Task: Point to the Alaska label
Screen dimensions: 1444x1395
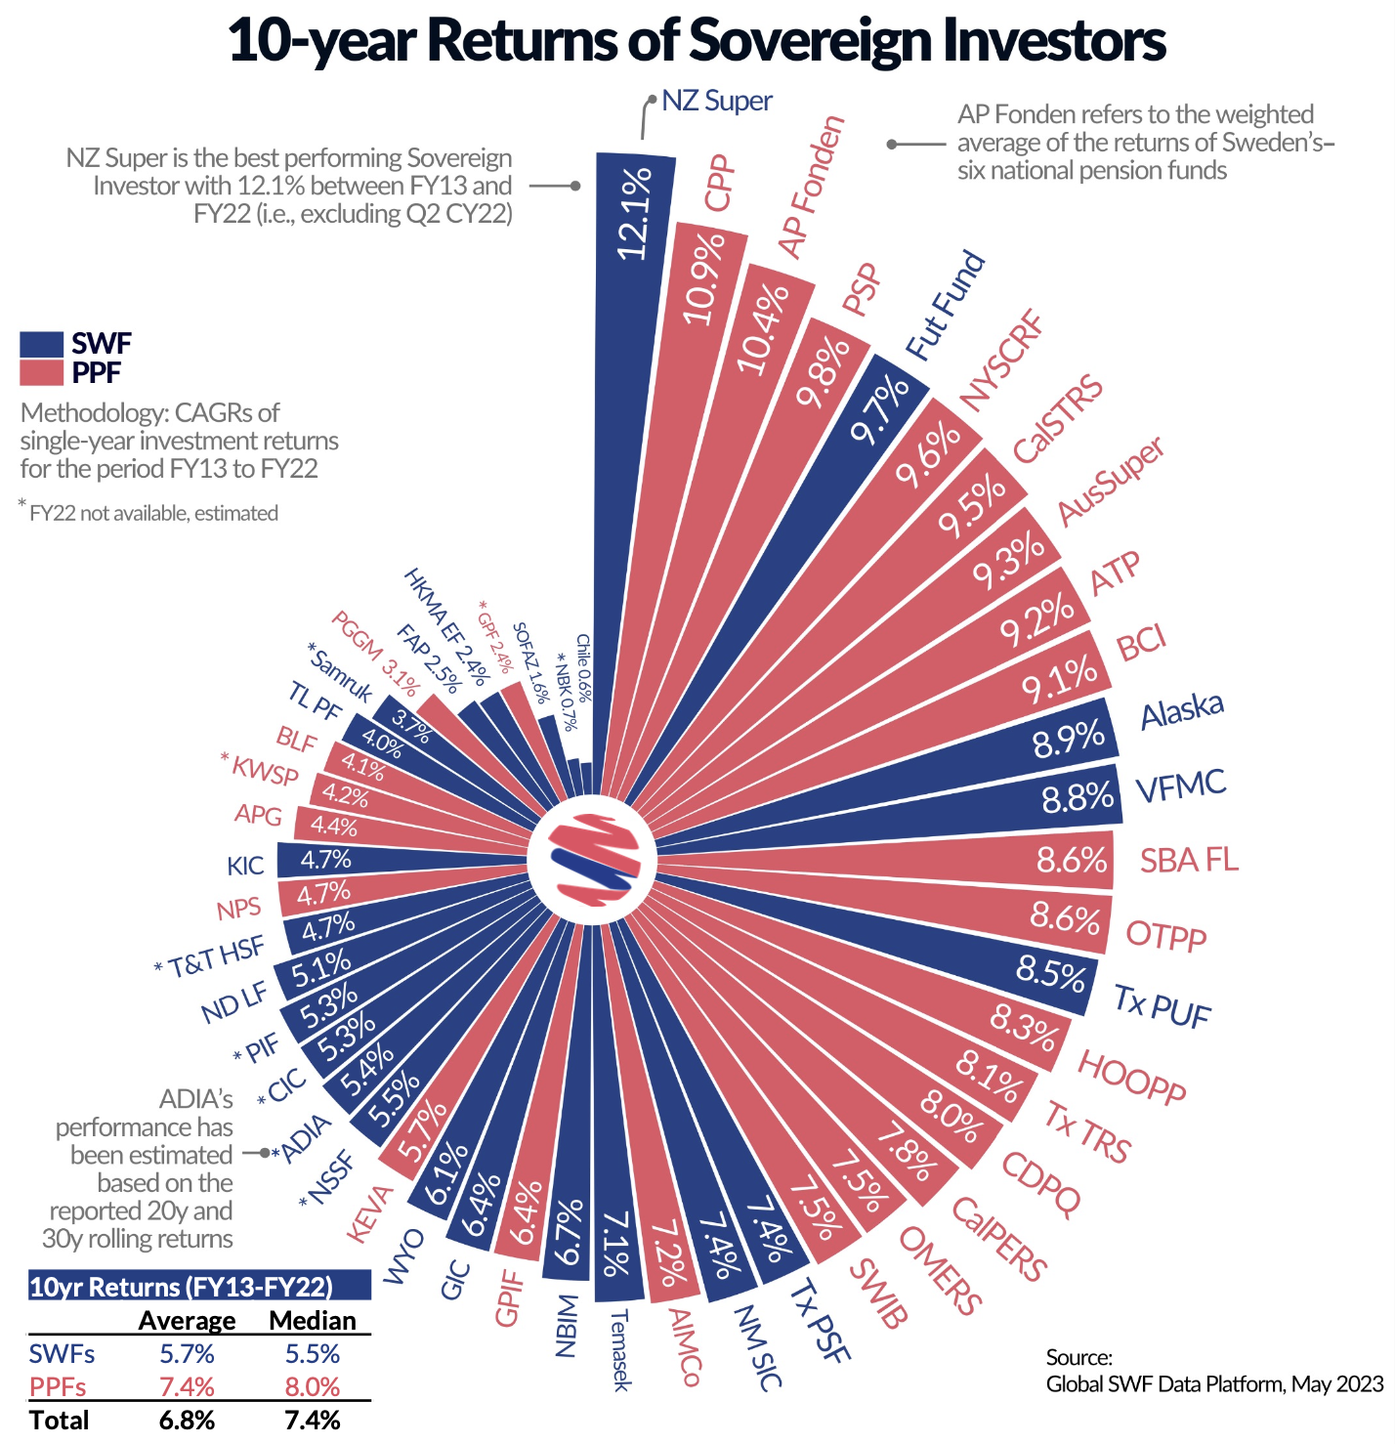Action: coord(1182,709)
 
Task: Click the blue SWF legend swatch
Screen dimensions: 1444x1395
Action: coord(42,344)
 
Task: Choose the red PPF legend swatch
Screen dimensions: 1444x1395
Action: coord(42,373)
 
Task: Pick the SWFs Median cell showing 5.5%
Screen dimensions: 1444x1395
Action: coord(312,1354)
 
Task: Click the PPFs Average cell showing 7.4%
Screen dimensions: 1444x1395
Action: coord(187,1387)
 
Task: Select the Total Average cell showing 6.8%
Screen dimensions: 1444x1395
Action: coord(187,1420)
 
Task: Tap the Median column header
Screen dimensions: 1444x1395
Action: coord(312,1321)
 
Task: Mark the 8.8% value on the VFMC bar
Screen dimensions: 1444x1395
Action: coord(1078,798)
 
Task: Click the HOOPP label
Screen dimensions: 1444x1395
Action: coord(1131,1077)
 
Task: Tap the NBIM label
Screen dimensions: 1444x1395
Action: coord(567,1326)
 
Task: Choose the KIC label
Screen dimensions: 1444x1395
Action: coord(245,866)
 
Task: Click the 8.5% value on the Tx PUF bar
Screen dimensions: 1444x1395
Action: coord(1051,973)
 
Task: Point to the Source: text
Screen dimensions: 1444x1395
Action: coord(1078,1357)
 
